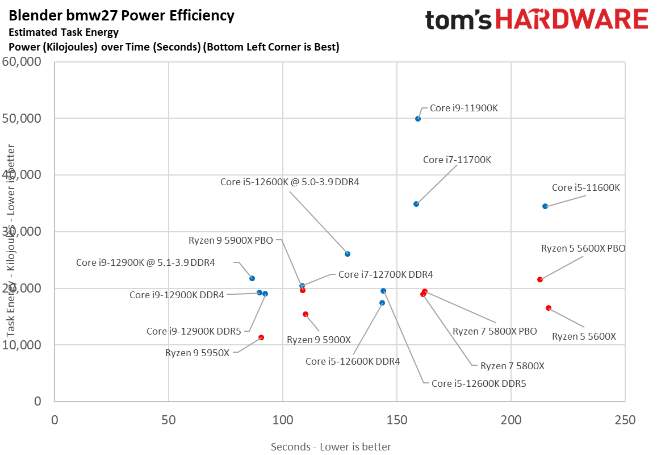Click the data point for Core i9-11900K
418,119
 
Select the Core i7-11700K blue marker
416,204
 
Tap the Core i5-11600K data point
545,206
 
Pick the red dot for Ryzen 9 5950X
261,337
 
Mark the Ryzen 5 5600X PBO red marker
540,279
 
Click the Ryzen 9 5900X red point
306,314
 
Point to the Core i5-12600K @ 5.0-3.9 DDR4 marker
348,254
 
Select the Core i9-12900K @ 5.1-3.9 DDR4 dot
252,278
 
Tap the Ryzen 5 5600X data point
549,308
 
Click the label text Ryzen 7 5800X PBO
495,331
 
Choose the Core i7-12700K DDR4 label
386,274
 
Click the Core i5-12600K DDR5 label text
479,383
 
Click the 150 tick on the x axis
396,420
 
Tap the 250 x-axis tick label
625,420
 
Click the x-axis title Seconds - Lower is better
331,446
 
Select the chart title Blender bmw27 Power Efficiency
122,15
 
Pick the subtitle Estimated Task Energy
64,32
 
